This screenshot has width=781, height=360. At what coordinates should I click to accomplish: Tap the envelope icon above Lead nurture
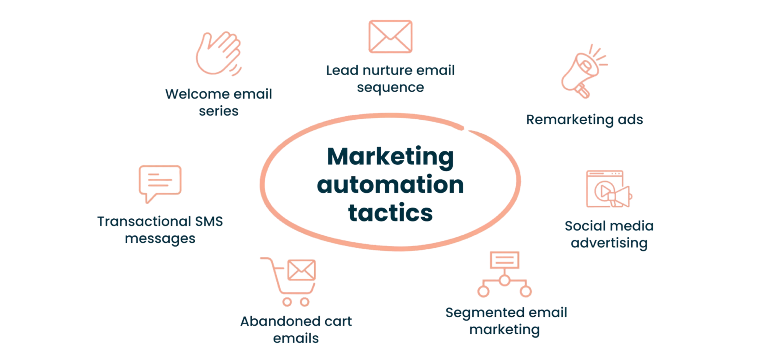(390, 37)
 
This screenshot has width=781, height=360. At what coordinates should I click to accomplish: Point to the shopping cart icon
(288, 282)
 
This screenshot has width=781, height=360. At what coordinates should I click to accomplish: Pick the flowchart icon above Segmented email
(505, 274)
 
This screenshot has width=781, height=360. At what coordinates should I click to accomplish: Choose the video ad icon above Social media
(608, 189)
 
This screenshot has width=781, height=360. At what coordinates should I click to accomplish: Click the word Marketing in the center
(390, 157)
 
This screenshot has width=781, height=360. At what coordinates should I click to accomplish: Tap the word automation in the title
(390, 185)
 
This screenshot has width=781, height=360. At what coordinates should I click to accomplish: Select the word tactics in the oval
(390, 213)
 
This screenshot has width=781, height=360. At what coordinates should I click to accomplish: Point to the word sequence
(390, 88)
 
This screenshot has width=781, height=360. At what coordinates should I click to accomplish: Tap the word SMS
(209, 222)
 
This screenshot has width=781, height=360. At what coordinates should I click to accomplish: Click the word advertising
(609, 243)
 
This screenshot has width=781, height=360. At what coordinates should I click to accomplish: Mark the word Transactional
(144, 222)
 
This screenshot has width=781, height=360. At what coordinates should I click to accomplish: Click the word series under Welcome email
(218, 111)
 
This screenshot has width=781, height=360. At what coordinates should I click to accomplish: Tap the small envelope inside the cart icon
(302, 270)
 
